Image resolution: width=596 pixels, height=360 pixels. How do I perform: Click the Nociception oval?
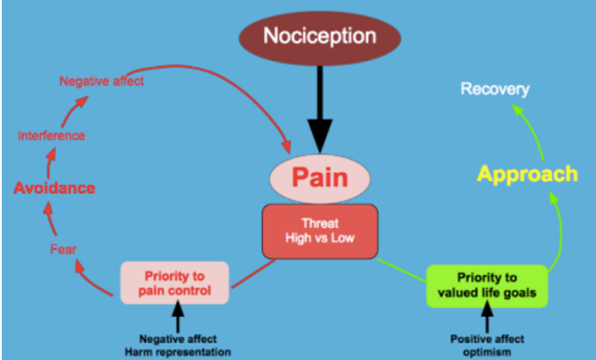[x=319, y=37]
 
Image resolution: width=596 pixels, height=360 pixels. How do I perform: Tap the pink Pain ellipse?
[x=319, y=178]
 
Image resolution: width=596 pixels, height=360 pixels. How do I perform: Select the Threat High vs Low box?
[x=319, y=230]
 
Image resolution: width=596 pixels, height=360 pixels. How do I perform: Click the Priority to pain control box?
[x=175, y=283]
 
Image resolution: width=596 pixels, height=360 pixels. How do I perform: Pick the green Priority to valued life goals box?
[x=487, y=285]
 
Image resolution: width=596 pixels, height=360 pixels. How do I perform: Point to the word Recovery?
[x=495, y=89]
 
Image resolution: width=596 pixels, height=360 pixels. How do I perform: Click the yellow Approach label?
[x=527, y=174]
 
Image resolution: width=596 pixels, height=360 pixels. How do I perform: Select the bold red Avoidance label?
[x=55, y=188]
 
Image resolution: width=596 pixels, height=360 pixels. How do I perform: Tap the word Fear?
[x=63, y=249]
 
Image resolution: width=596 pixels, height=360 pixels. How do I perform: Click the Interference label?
[x=51, y=136]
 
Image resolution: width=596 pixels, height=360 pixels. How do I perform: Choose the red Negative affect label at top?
[x=101, y=81]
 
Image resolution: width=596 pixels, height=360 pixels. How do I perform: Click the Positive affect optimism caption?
[x=487, y=345]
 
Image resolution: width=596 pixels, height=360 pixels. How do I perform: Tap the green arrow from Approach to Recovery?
[x=531, y=129]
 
